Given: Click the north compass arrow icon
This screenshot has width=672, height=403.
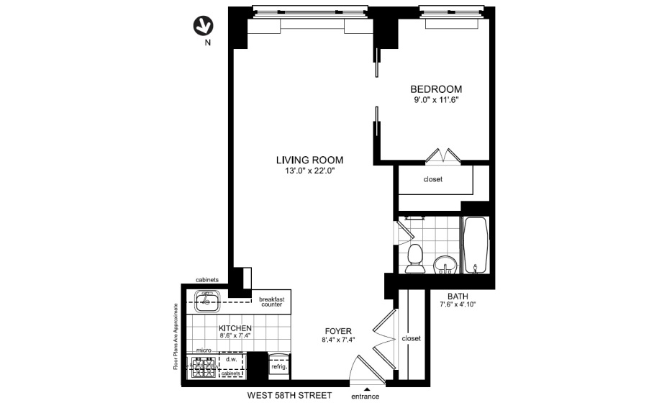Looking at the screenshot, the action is (x=203, y=26).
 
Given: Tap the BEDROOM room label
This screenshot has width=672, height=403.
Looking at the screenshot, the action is (x=436, y=89).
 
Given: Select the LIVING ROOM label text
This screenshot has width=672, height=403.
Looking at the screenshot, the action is (x=309, y=160).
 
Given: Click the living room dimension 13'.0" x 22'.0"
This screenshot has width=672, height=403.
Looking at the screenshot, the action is (x=309, y=171).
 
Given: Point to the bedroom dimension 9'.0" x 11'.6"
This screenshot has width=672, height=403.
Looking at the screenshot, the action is (x=436, y=100).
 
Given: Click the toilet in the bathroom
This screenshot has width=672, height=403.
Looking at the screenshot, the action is (x=414, y=258).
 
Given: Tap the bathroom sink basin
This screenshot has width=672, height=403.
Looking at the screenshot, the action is (x=445, y=264).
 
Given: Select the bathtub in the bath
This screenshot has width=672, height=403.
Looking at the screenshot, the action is (x=475, y=245).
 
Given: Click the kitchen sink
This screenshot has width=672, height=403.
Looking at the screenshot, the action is (x=207, y=301).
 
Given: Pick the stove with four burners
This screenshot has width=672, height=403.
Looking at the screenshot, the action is (x=203, y=368).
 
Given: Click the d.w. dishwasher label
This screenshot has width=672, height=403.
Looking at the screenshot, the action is (x=232, y=359).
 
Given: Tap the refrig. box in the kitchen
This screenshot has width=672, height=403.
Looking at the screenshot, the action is (x=279, y=366).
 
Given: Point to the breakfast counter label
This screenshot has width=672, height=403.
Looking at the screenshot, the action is (x=272, y=302).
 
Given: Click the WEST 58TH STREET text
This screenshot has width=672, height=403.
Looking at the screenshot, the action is (x=289, y=395).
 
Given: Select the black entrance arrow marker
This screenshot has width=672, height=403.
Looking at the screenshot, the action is (x=366, y=389).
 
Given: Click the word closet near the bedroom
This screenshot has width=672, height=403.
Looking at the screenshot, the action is (x=433, y=179).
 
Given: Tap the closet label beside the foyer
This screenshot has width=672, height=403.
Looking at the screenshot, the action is (x=412, y=338).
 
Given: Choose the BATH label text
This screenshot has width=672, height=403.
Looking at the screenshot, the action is (x=458, y=296).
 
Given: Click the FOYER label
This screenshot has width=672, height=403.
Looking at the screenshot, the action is (x=338, y=331).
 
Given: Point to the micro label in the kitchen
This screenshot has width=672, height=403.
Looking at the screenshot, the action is (x=204, y=350).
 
